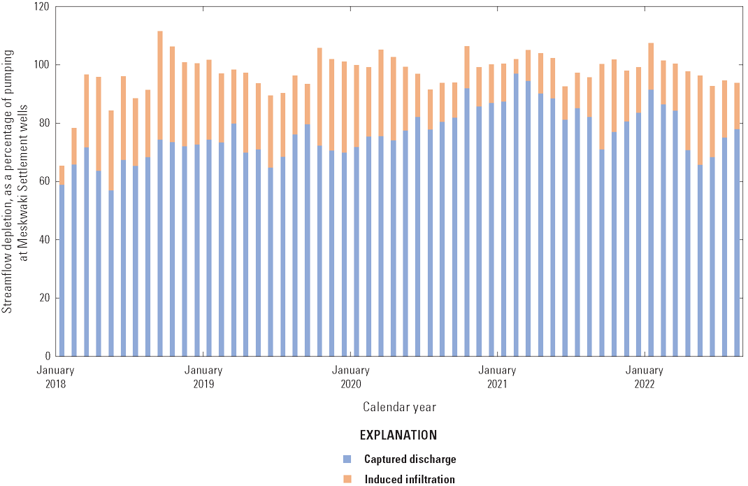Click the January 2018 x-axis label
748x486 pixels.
click(x=56, y=377)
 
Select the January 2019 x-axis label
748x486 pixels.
click(x=203, y=377)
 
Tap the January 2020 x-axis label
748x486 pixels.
click(x=350, y=377)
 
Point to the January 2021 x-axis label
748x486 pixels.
click(x=497, y=377)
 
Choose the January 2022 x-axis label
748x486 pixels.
click(x=644, y=377)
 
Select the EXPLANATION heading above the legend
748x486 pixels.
click(x=398, y=435)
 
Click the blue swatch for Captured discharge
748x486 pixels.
click(x=346, y=459)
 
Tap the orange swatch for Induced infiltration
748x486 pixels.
click(x=346, y=479)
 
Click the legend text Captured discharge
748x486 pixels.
click(x=410, y=459)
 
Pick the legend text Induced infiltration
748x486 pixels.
click(x=410, y=479)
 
